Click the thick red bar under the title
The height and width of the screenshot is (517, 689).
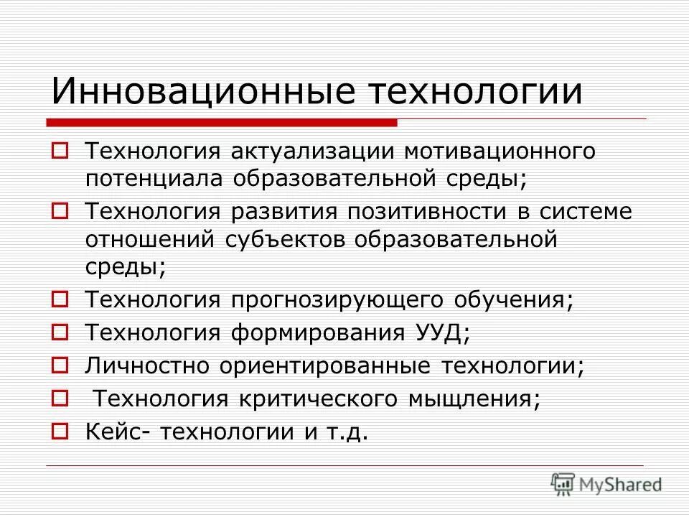[222, 124]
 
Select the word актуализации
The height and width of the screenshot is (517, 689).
[314, 153]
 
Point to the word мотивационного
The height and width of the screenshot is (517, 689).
[499, 153]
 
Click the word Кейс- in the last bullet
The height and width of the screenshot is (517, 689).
[118, 431]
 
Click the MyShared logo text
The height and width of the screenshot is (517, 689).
[620, 485]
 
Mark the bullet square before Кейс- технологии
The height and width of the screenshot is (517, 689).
[60, 432]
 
